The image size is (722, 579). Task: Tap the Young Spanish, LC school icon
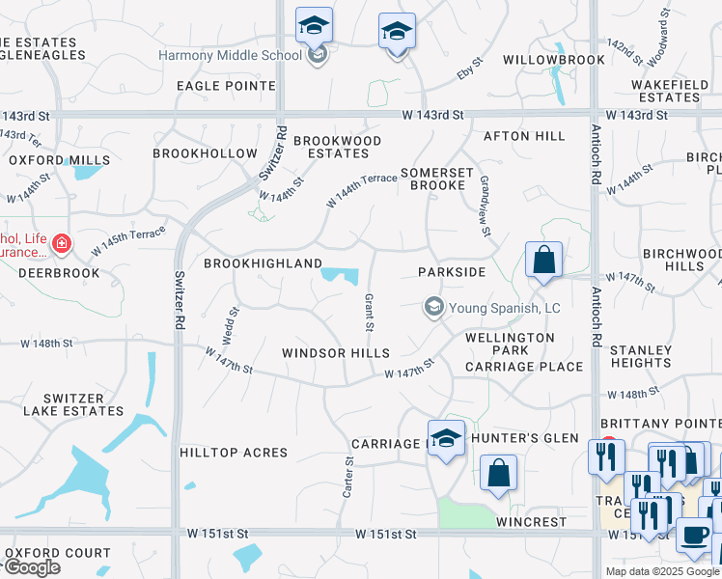click(x=433, y=308)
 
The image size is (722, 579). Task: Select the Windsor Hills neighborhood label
click(x=335, y=353)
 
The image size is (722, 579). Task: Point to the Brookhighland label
click(x=263, y=263)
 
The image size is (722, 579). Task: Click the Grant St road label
click(x=369, y=308)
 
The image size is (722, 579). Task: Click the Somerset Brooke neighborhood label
click(x=437, y=179)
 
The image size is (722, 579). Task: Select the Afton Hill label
click(x=524, y=136)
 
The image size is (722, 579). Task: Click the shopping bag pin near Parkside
click(x=544, y=260)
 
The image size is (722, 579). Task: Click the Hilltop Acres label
click(x=234, y=453)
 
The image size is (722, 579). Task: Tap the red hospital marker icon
click(x=62, y=244)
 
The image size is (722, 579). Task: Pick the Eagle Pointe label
click(x=225, y=86)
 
